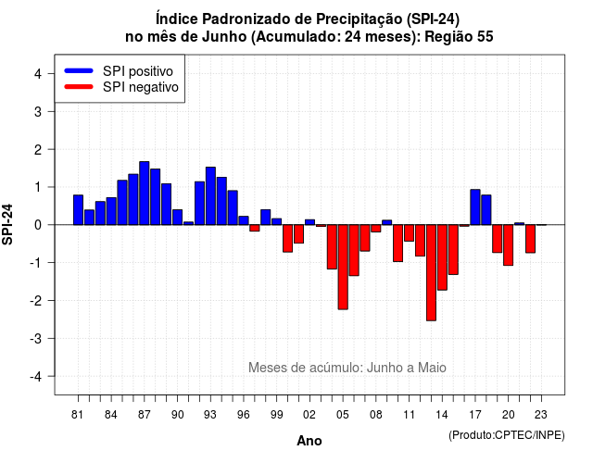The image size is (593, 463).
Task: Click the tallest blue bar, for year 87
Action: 145,194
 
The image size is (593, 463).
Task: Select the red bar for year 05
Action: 343,268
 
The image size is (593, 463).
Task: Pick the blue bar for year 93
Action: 210,195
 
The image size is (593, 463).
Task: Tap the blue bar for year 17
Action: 475,207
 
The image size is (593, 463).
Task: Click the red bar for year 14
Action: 442,257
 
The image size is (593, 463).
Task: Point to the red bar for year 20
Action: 509,244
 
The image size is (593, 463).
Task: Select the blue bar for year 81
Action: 78,210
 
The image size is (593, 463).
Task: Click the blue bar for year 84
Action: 111,211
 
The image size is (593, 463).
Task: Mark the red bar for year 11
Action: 410,232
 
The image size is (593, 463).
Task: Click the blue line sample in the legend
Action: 79,70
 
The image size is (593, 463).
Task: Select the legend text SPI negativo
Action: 141,87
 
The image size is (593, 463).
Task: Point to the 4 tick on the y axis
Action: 38,74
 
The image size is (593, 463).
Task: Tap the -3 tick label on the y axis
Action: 35,339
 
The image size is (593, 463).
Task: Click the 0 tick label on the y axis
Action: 38,225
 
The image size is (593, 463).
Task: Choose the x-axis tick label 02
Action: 309,415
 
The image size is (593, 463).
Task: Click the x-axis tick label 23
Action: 541,415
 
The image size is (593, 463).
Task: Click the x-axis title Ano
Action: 309,441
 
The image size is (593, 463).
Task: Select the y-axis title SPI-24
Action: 7,224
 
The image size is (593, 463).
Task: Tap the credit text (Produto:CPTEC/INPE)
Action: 507,435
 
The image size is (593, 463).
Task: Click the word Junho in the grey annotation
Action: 385,368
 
